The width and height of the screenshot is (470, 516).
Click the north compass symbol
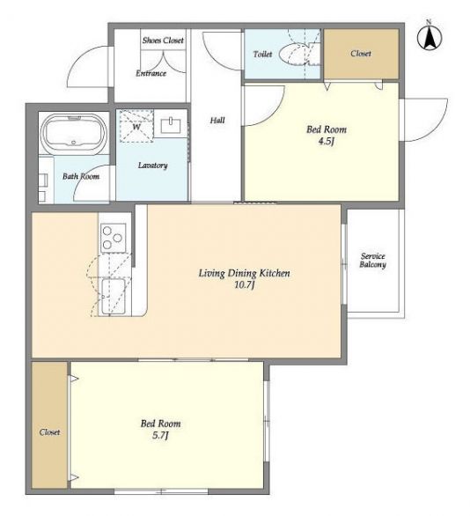430,37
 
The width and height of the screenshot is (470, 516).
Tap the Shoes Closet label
163,41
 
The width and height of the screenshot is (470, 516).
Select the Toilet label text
262,54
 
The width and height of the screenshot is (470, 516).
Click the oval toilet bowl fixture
295,54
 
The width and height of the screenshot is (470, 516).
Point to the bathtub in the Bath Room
74,132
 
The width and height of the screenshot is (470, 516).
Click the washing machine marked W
136,126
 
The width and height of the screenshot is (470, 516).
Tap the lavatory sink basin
171,125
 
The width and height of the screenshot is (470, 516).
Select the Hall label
217,121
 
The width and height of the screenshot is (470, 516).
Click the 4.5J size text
327,142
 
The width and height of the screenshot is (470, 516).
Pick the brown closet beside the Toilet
361,54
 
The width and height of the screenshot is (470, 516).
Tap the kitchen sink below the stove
113,297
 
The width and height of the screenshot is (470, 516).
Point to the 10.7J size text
245,285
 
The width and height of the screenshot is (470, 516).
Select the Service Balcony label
372,261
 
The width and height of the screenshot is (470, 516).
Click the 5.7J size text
160,436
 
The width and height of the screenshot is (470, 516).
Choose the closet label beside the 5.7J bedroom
49,432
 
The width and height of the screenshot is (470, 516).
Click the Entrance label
151,73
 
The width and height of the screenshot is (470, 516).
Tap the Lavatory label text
152,166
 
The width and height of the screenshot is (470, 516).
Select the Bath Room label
81,176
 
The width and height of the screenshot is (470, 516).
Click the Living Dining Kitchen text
245,274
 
